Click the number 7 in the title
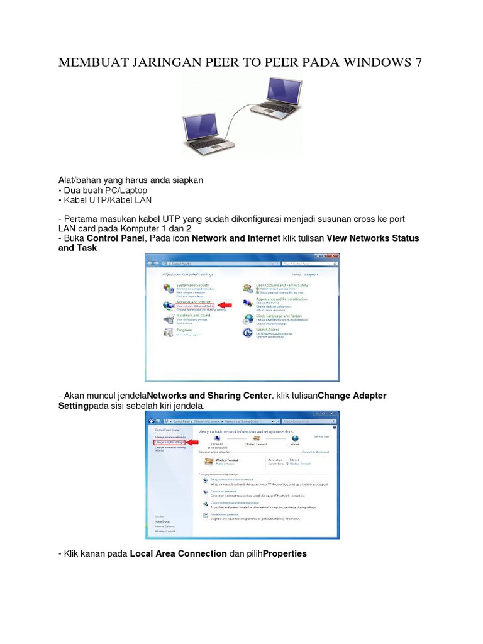[418, 63]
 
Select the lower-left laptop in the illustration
[210, 131]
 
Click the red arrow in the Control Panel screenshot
[225, 305]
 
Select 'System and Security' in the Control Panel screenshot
[193, 285]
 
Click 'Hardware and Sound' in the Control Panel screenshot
[193, 316]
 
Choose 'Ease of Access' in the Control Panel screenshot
[267, 330]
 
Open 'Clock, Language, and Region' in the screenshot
[279, 316]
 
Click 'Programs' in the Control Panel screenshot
[184, 330]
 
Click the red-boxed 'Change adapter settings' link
[169, 442]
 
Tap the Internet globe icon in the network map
[295, 438]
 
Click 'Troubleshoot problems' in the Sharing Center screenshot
[224, 514]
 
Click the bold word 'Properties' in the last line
[285, 553]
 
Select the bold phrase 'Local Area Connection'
[178, 553]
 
